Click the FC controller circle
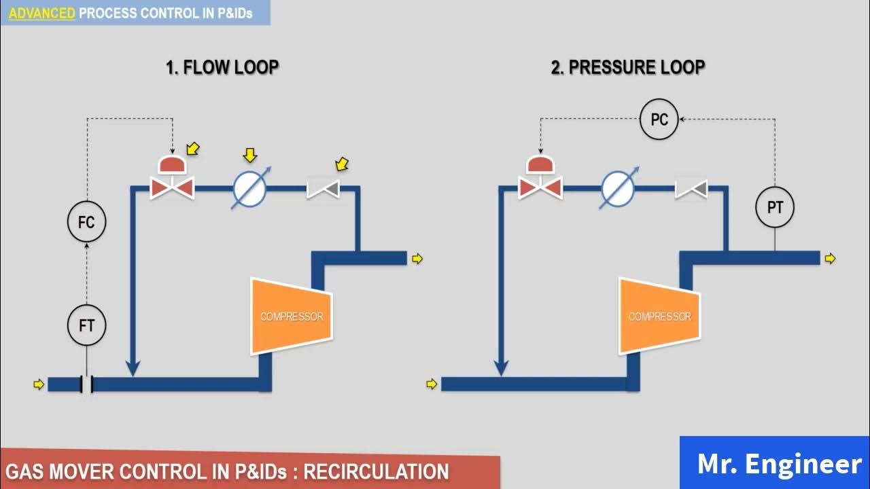click(86, 222)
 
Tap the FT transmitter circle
click(86, 325)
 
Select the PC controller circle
click(659, 119)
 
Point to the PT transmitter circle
click(775, 207)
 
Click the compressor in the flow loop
click(292, 316)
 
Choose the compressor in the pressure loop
click(659, 316)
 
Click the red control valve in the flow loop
click(172, 178)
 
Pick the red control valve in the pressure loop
click(540, 178)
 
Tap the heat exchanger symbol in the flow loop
click(250, 189)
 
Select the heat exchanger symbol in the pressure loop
click(619, 189)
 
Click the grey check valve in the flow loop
click(323, 189)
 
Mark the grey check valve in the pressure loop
click(691, 189)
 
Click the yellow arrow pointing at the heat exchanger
click(249, 155)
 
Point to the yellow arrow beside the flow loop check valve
click(342, 164)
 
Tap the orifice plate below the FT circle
click(86, 384)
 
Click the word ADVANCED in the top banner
click(41, 14)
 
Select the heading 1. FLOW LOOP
click(222, 67)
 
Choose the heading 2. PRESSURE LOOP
click(627, 67)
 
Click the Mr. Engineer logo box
click(775, 463)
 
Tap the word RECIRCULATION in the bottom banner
click(376, 471)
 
